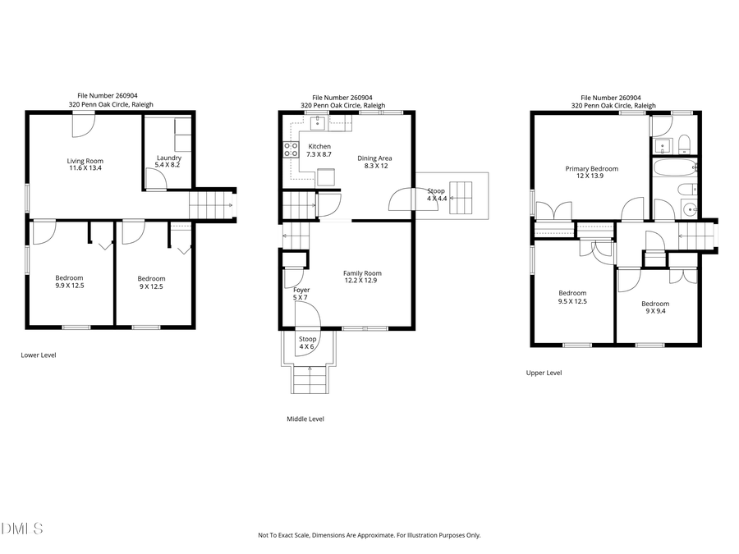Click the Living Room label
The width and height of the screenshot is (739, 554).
(x=85, y=161)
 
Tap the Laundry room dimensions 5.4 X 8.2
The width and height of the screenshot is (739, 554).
(x=168, y=166)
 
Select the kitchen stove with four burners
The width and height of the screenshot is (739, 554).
(x=290, y=149)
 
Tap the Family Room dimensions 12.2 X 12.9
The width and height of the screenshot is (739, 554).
(x=362, y=281)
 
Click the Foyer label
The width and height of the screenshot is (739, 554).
(x=301, y=290)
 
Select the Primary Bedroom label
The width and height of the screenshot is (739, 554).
(x=591, y=169)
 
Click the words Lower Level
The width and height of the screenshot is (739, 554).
(x=38, y=355)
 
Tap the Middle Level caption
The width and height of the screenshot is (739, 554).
(x=305, y=419)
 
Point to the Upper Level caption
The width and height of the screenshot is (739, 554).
(x=544, y=373)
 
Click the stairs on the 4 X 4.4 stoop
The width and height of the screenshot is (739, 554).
(x=465, y=197)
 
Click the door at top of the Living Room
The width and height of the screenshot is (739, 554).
(x=83, y=124)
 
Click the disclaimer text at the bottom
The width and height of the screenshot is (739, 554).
(x=369, y=535)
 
